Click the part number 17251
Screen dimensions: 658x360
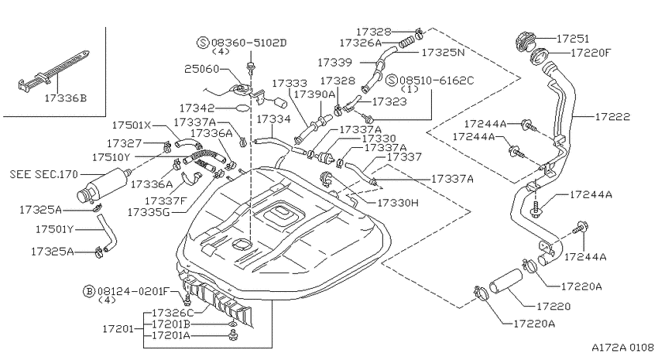pyautogui.click(x=573, y=39)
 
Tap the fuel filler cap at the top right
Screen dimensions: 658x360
pyautogui.click(x=525, y=42)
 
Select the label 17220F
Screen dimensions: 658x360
pyautogui.click(x=591, y=53)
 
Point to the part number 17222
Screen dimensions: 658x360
pyautogui.click(x=612, y=117)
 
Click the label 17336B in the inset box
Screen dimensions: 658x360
pyautogui.click(x=66, y=98)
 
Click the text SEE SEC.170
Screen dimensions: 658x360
pyautogui.click(x=44, y=173)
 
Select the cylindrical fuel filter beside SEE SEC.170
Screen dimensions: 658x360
pyautogui.click(x=103, y=184)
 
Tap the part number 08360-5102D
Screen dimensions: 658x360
pyautogui.click(x=248, y=43)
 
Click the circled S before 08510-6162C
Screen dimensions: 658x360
pyautogui.click(x=392, y=81)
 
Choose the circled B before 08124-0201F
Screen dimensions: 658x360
pyautogui.click(x=89, y=291)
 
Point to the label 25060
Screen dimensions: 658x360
pyautogui.click(x=202, y=69)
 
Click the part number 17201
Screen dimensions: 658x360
pyautogui.click(x=118, y=328)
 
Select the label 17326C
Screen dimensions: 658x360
pyautogui.click(x=173, y=313)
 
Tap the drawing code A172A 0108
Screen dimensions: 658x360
pyautogui.click(x=622, y=348)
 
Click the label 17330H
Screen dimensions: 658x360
pyautogui.click(x=398, y=203)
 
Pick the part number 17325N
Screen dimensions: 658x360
pyautogui.click(x=443, y=53)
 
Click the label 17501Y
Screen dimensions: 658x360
pyautogui.click(x=54, y=229)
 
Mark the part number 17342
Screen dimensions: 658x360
pyautogui.click(x=197, y=108)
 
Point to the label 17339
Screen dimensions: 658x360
pyautogui.click(x=335, y=63)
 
